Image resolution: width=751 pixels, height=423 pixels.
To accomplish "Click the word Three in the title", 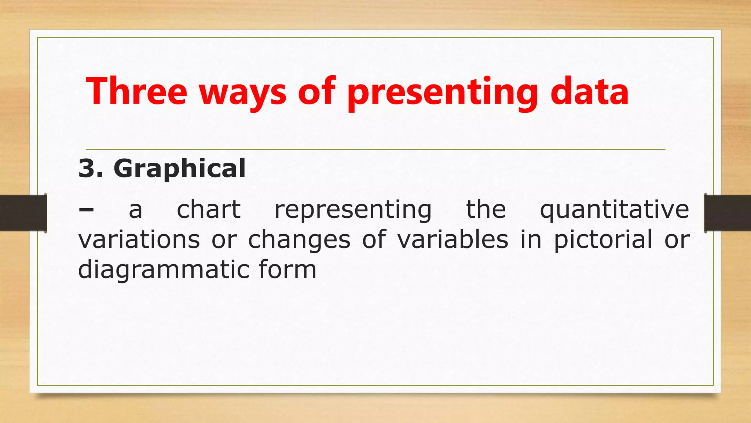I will (x=136, y=91).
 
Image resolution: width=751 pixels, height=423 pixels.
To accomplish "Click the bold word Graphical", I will (x=179, y=169).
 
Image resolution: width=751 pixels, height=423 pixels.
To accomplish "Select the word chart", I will (x=209, y=210).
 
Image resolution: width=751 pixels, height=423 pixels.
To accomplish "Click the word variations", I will (x=139, y=240).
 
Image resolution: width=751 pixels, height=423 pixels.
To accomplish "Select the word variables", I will (x=453, y=240).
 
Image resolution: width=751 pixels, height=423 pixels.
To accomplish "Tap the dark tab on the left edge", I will (x=23, y=213).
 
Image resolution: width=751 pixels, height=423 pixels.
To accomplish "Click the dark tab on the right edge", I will (x=728, y=213).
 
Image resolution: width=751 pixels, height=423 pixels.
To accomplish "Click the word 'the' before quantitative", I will (x=486, y=210).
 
